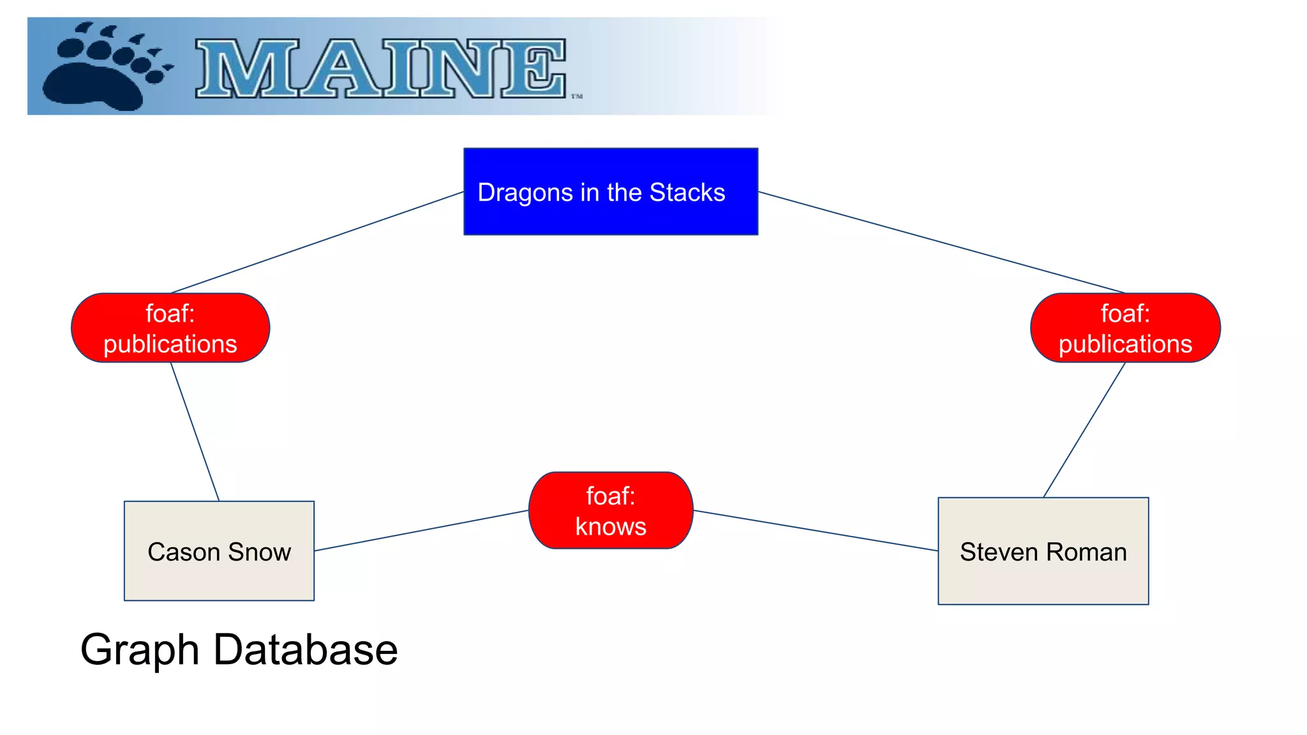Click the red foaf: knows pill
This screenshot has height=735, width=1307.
click(611, 510)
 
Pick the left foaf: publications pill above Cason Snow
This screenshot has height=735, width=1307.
click(170, 328)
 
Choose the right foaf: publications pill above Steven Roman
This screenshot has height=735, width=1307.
click(1125, 328)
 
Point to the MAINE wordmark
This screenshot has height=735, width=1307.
click(381, 68)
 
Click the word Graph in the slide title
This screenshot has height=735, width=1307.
click(140, 650)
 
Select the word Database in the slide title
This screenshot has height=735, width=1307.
click(305, 650)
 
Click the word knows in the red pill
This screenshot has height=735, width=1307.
click(611, 527)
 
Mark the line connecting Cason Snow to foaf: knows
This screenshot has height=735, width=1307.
click(421, 530)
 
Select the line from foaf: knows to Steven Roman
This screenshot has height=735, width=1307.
click(816, 530)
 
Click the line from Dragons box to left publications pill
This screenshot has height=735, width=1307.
click(317, 242)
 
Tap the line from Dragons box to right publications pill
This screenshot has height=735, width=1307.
click(941, 242)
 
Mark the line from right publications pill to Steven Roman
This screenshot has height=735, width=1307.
click(1084, 429)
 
